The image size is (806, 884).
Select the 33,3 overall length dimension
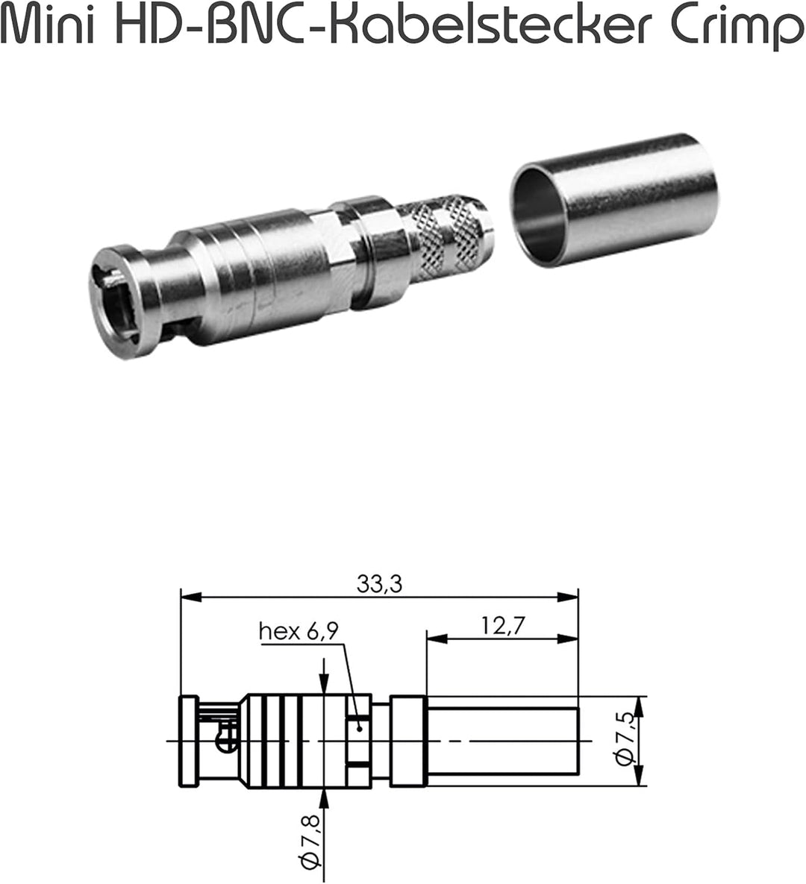point(379,585)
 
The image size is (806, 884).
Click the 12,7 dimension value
point(503,626)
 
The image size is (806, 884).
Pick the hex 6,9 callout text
point(299,631)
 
